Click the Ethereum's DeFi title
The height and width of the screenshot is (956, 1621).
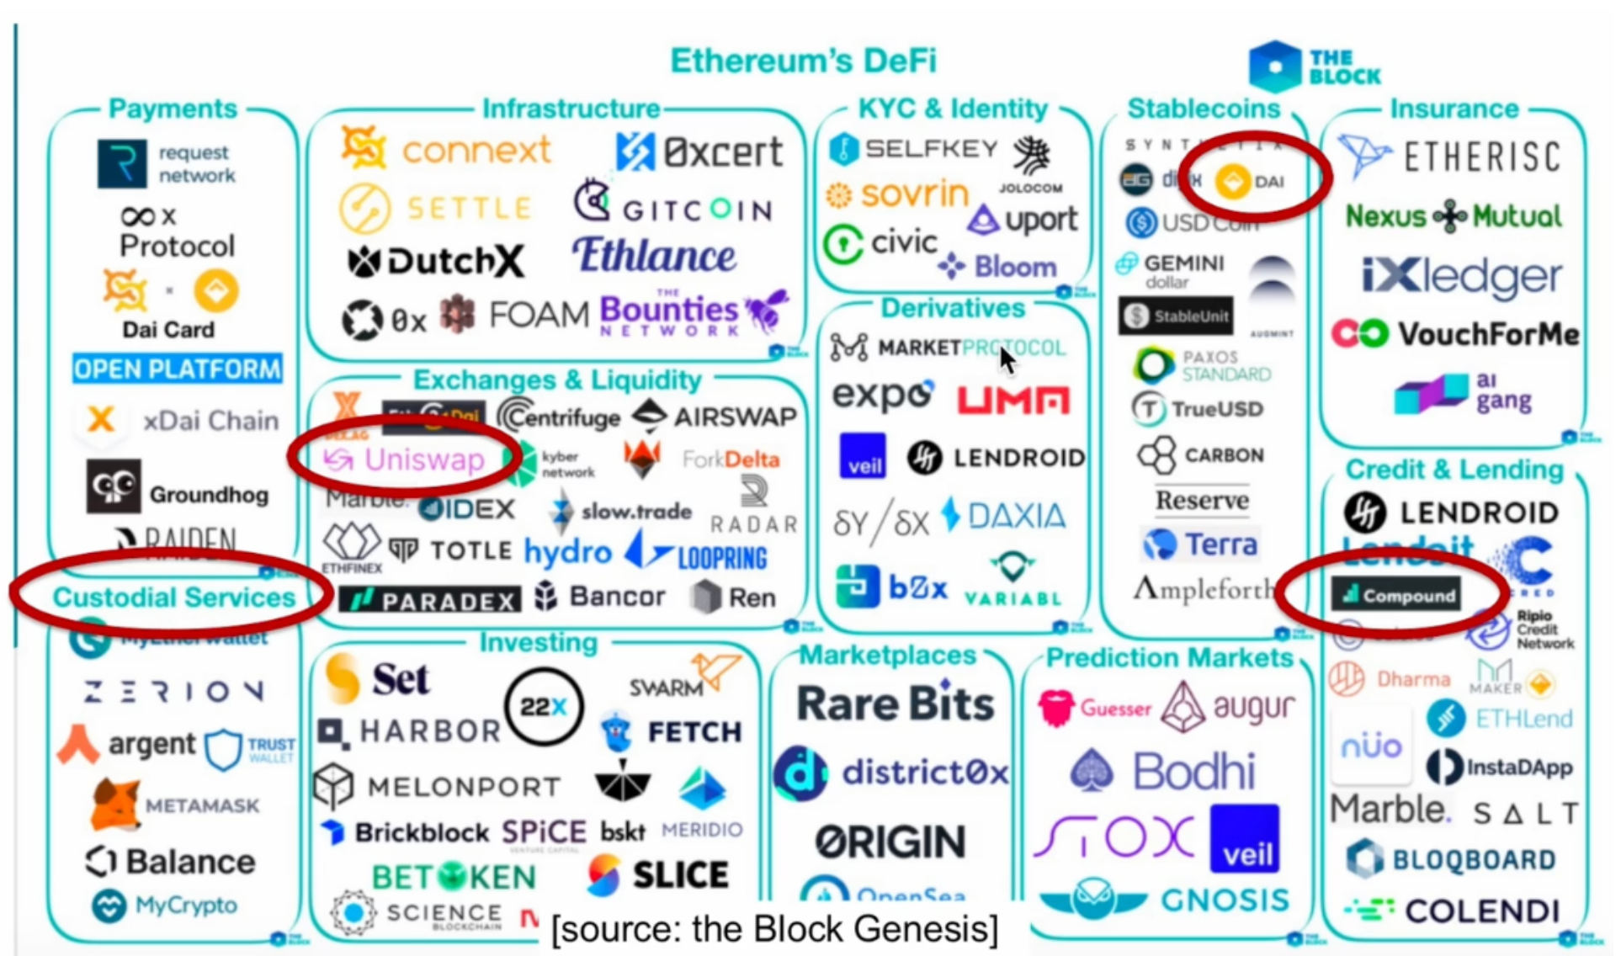[803, 61]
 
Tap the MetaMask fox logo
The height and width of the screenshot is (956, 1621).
[115, 804]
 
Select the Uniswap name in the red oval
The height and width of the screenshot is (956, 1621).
[424, 459]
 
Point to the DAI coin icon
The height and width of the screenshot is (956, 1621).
[1232, 181]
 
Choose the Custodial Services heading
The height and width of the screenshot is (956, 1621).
[174, 597]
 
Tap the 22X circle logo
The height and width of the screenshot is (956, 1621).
[544, 707]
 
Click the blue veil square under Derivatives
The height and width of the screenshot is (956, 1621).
[863, 456]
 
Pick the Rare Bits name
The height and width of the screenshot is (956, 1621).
[895, 704]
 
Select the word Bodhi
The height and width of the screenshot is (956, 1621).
[1194, 771]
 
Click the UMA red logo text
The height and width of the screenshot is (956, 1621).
[1013, 400]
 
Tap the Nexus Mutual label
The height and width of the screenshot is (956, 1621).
[1454, 216]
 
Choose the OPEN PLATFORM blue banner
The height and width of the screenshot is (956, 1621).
[177, 369]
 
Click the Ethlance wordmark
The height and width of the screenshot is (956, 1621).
[654, 255]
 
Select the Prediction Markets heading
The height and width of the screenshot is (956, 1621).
[1169, 657]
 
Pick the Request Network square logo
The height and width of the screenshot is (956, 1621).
[122, 163]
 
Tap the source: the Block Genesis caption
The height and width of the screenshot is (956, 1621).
[774, 929]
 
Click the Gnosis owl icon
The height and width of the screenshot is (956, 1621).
[1093, 899]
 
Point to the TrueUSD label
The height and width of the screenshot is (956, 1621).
[1217, 409]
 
